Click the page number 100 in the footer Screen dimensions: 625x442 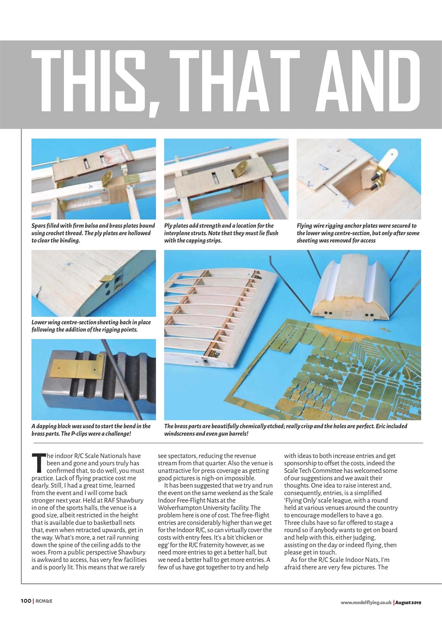pyautogui.click(x=26, y=602)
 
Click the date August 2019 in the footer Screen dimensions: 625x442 pyautogui.click(x=408, y=602)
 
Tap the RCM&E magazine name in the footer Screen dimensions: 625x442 pyautogui.click(x=44, y=602)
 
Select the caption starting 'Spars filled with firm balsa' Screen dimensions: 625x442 pyautogui.click(x=93, y=233)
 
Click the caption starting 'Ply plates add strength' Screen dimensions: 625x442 pyautogui.click(x=221, y=233)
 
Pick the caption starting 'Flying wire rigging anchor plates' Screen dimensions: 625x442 pyautogui.click(x=357, y=233)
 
